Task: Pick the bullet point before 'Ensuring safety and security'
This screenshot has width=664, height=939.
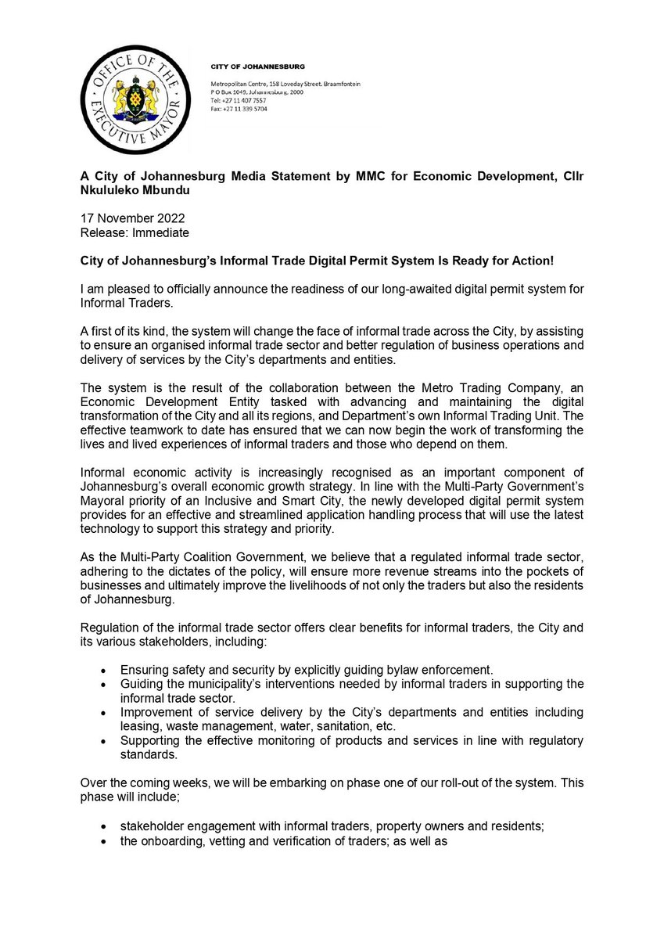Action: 105,671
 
